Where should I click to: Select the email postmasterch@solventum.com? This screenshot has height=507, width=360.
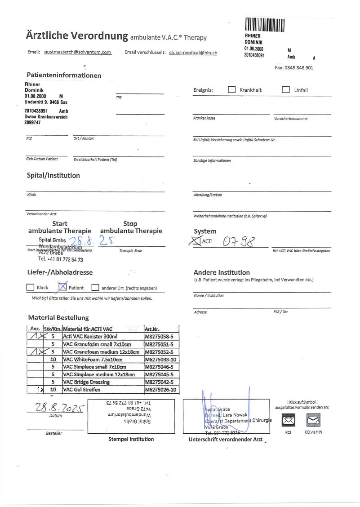(78, 52)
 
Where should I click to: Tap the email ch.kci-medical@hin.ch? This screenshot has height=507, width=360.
(193, 53)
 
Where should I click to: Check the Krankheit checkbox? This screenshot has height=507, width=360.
(232, 89)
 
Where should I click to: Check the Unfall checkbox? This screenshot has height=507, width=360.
(286, 89)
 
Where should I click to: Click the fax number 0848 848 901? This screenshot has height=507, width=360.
(294, 68)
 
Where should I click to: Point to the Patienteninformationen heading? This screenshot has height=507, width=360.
(64, 76)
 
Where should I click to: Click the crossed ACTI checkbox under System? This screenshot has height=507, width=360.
(197, 241)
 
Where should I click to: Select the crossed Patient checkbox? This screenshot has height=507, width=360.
(63, 287)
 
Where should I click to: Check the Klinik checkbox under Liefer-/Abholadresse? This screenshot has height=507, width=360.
(31, 288)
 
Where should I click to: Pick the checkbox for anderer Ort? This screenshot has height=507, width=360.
(95, 288)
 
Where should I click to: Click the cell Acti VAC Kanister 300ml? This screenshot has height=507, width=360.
(90, 336)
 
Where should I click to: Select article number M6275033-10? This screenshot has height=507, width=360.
(160, 360)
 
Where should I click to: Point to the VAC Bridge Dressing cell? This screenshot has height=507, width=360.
(86, 382)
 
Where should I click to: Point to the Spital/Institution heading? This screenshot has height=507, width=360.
(53, 175)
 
